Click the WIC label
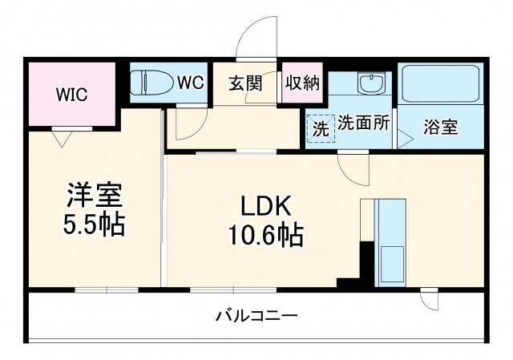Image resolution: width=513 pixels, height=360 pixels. pyautogui.click(x=71, y=93)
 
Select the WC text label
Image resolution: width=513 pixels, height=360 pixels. pyautogui.click(x=190, y=82)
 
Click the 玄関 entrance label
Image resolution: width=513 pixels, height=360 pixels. pyautogui.click(x=245, y=83)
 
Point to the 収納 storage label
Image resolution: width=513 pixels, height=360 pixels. pyautogui.click(x=302, y=83)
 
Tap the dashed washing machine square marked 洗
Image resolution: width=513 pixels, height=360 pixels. pyautogui.click(x=320, y=127)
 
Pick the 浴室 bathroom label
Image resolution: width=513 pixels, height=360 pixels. pyautogui.click(x=441, y=127)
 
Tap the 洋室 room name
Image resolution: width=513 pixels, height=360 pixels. pyautogui.click(x=94, y=196)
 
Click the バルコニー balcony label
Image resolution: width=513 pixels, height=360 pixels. pyautogui.click(x=256, y=316)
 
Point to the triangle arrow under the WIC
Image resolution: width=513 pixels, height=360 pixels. pyautogui.click(x=59, y=137)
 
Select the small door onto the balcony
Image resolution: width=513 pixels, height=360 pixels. pyautogui.click(x=430, y=298)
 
